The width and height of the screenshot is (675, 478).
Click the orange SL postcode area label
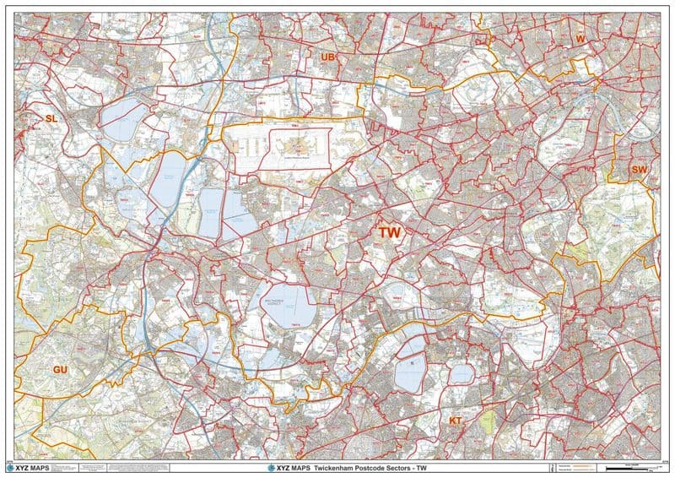[x=51, y=119]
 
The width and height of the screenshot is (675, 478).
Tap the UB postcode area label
[x=328, y=57]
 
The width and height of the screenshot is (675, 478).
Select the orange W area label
[x=580, y=40]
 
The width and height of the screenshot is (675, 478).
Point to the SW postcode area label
[x=640, y=170]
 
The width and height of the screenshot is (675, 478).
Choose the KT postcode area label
[x=455, y=420]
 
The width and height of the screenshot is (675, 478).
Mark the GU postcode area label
[x=60, y=370]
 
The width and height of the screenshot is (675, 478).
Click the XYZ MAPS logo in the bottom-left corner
[x=33, y=467]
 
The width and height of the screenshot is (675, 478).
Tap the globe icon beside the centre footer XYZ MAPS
[x=272, y=467]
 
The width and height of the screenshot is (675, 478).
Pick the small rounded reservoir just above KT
[x=461, y=373]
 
